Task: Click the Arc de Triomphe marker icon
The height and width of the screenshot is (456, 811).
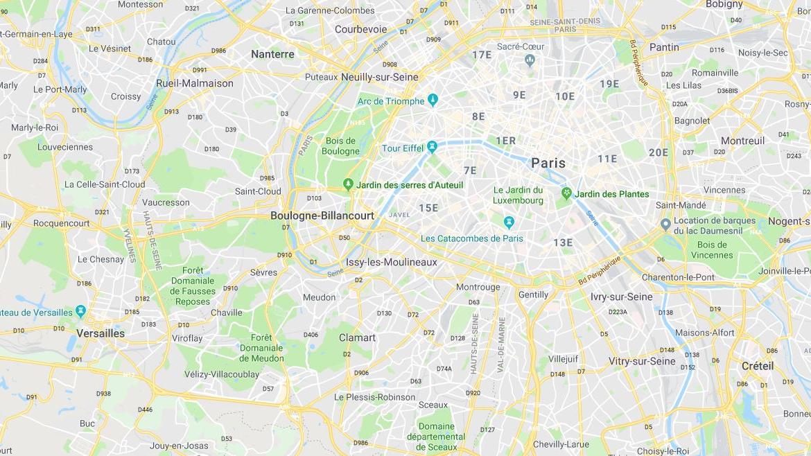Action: click(433, 100)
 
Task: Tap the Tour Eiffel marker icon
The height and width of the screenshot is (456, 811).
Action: click(432, 147)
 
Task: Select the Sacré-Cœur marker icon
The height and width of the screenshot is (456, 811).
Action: click(530, 60)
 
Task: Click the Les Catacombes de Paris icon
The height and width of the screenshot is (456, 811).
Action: click(509, 222)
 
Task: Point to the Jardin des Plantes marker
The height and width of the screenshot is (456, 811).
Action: click(566, 193)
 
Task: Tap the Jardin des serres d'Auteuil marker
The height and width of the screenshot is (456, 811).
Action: click(348, 184)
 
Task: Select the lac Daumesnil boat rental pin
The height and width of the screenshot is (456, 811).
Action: click(665, 224)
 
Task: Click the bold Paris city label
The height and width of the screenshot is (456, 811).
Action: click(548, 163)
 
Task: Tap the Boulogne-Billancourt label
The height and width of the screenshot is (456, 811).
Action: click(322, 216)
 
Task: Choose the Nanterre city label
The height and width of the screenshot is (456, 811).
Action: click(272, 54)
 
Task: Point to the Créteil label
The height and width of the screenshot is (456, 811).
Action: click(758, 365)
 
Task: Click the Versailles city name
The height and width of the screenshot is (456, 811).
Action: click(101, 333)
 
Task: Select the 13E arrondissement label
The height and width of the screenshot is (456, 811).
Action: click(563, 242)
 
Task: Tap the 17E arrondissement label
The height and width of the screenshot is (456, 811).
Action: click(482, 55)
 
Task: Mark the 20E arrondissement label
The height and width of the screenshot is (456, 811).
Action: click(659, 152)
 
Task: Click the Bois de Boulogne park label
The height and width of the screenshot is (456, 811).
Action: click(341, 146)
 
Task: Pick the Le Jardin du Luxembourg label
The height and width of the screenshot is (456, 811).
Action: click(518, 195)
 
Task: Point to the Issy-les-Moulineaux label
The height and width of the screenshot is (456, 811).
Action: click(392, 262)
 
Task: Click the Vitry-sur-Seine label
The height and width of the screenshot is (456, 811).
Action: click(642, 361)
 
